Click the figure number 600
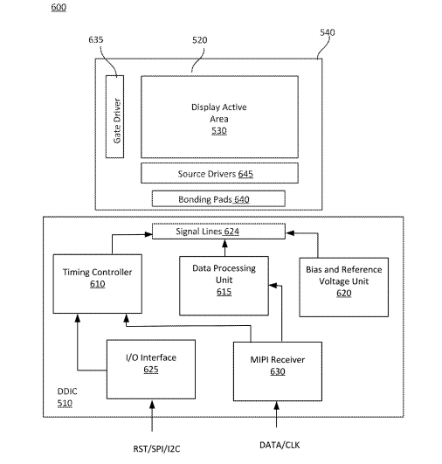point(59,7)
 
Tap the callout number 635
point(96,39)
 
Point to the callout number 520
point(200,40)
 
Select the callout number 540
point(328,32)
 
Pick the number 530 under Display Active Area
point(219,130)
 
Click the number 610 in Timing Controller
point(97,284)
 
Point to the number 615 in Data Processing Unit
point(224,292)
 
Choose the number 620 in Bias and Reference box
point(344,293)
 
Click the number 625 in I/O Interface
point(151,370)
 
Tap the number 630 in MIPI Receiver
point(278,371)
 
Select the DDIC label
point(67,391)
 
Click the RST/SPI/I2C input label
point(156,449)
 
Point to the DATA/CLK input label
point(280,445)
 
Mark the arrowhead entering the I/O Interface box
point(152,405)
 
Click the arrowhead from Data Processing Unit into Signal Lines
point(224,243)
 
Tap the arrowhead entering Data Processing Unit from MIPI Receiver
point(273,286)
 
